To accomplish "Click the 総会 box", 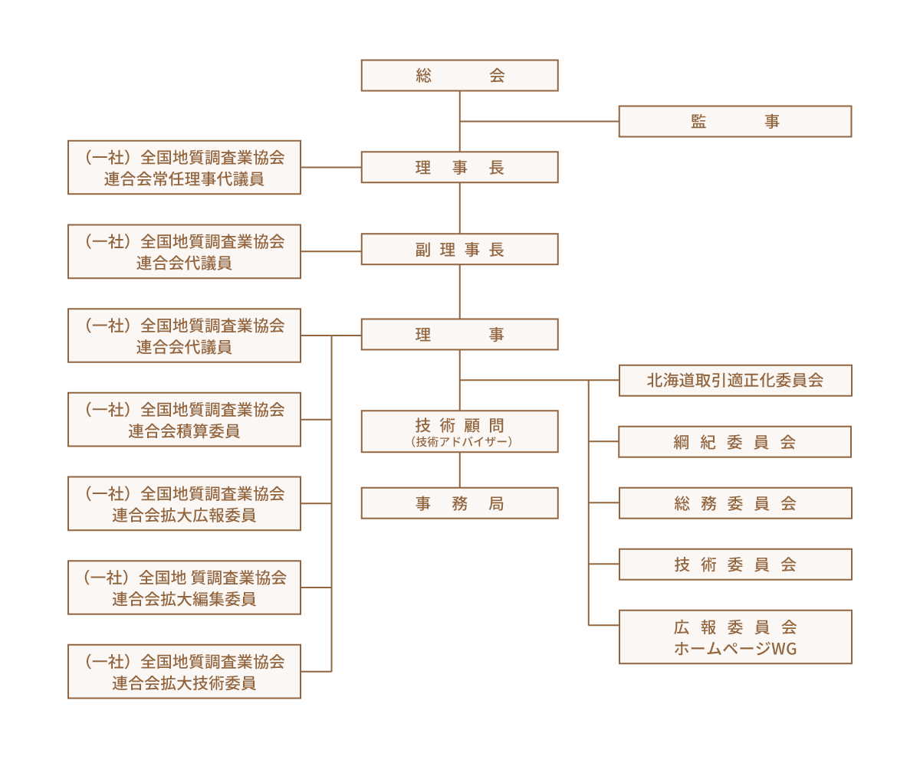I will click(459, 75).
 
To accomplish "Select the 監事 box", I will click(734, 121).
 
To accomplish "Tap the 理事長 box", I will click(459, 167).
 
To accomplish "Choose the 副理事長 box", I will click(459, 250).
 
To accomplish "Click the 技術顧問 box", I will click(459, 431).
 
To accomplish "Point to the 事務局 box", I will click(459, 503).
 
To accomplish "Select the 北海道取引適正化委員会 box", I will click(734, 380).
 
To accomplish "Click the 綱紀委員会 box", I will click(734, 442).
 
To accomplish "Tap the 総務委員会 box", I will click(734, 503).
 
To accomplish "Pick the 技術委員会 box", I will click(734, 565).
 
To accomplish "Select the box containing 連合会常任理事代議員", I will click(184, 167).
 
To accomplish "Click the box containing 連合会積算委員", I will click(184, 419).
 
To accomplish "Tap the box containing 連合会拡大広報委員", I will click(184, 503).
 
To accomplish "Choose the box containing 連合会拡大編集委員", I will click(184, 588).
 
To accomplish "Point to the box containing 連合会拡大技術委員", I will click(184, 671).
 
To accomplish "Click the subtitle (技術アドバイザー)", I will click(460, 442).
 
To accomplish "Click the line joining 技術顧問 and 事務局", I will click(459, 470).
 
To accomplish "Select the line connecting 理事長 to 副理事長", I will click(459, 208).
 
